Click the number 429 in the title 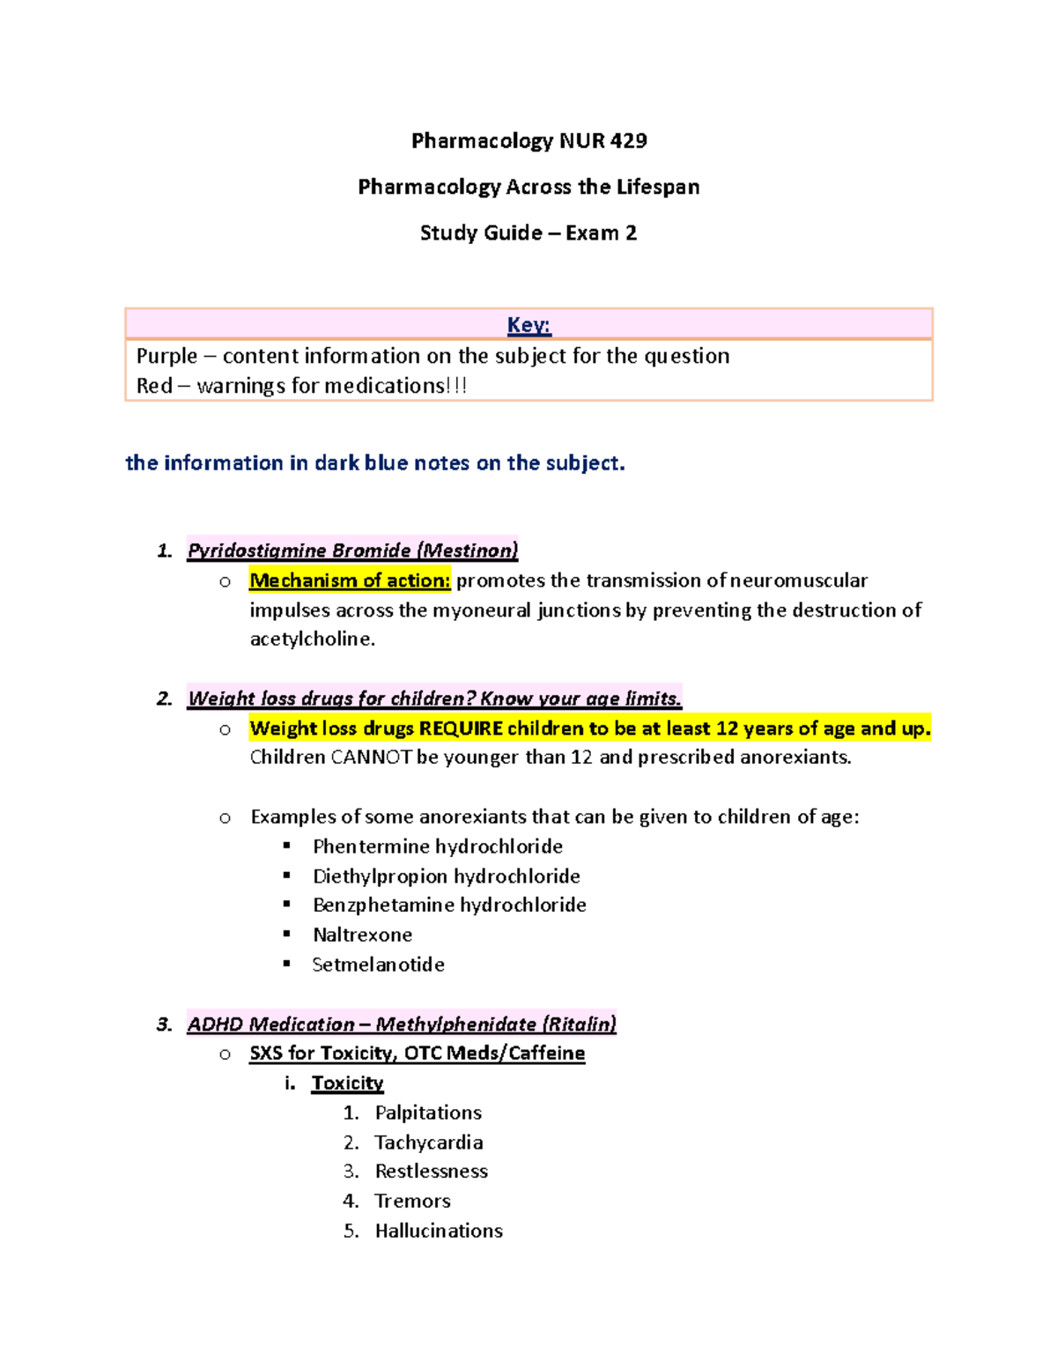tap(628, 141)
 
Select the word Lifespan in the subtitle tap(658, 187)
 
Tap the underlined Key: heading tap(528, 325)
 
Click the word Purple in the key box tap(166, 356)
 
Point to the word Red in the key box tap(154, 386)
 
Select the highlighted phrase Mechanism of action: tap(350, 580)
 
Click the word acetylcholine tap(312, 640)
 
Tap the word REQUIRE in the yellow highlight tap(461, 728)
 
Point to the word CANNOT tap(371, 758)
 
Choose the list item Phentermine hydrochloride tap(438, 847)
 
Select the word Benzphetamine tap(382, 906)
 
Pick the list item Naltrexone tap(362, 935)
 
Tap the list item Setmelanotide tap(378, 965)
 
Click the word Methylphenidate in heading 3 tap(455, 1024)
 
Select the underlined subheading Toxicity tap(347, 1083)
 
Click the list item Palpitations tap(428, 1113)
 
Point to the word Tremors tap(412, 1202)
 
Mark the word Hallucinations tap(439, 1231)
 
